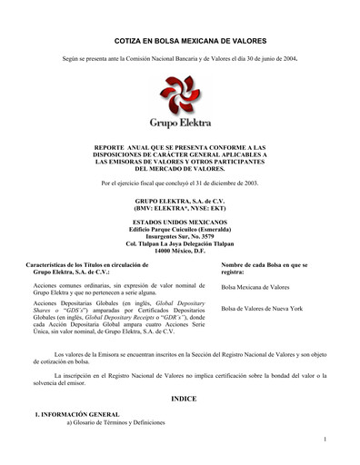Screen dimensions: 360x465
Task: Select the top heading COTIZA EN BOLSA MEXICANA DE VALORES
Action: pyautogui.click(x=180, y=42)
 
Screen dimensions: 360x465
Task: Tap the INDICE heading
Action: pyautogui.click(x=180, y=399)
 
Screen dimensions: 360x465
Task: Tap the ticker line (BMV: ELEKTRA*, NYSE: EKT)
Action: pyautogui.click(x=180, y=208)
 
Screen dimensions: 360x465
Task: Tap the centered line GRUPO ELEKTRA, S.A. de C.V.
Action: pyautogui.click(x=180, y=201)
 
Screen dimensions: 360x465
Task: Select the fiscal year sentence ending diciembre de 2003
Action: pyautogui.click(x=180, y=184)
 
